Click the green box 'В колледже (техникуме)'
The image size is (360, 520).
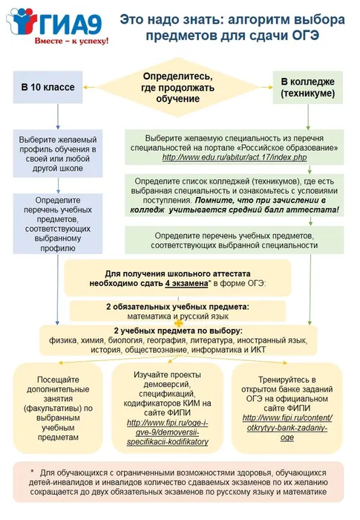307,88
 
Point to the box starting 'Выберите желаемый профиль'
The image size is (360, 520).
58,153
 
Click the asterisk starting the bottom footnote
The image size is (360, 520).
33,471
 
